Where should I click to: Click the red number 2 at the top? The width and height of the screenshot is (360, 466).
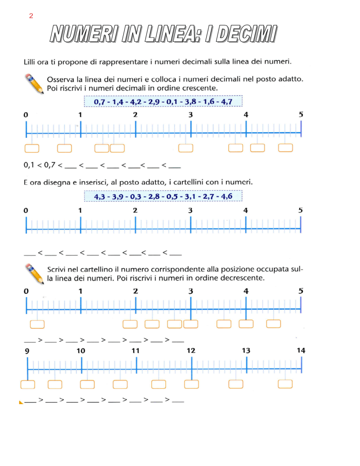31,16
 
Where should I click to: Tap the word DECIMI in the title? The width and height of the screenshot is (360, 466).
246,34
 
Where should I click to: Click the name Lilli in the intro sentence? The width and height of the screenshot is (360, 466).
30,62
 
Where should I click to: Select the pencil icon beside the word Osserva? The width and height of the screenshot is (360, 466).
34,84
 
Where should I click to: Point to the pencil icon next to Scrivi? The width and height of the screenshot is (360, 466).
34,274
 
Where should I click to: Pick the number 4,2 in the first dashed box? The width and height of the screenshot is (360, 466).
135,102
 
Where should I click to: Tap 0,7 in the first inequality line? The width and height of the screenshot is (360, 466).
50,165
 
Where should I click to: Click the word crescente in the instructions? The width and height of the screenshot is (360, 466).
202,88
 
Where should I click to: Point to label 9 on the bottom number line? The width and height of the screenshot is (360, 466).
27,351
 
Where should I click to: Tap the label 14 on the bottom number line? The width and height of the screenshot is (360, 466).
301,350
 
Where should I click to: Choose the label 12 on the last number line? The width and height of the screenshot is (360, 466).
191,351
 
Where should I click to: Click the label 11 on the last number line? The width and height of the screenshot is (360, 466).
135,351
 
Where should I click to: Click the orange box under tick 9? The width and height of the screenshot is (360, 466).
28,384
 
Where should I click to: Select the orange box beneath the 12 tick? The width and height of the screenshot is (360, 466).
191,384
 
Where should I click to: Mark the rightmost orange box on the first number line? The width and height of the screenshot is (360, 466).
285,148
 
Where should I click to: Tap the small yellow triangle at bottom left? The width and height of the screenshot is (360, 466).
21,402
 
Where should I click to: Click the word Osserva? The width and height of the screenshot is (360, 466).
60,80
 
